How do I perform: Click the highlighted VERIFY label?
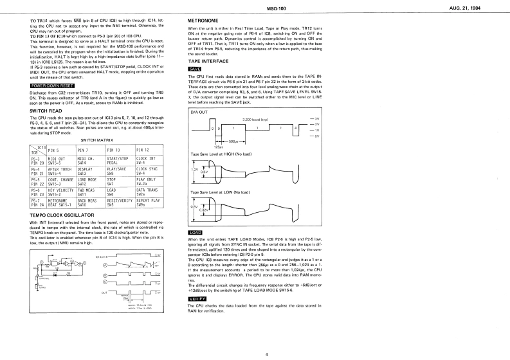pyautogui.click(x=197, y=299)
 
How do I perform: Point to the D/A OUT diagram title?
pyautogui.click(x=200, y=112)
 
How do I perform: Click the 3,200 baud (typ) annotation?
pyautogui.click(x=255, y=120)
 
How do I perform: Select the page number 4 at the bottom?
pyautogui.click(x=266, y=354)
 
